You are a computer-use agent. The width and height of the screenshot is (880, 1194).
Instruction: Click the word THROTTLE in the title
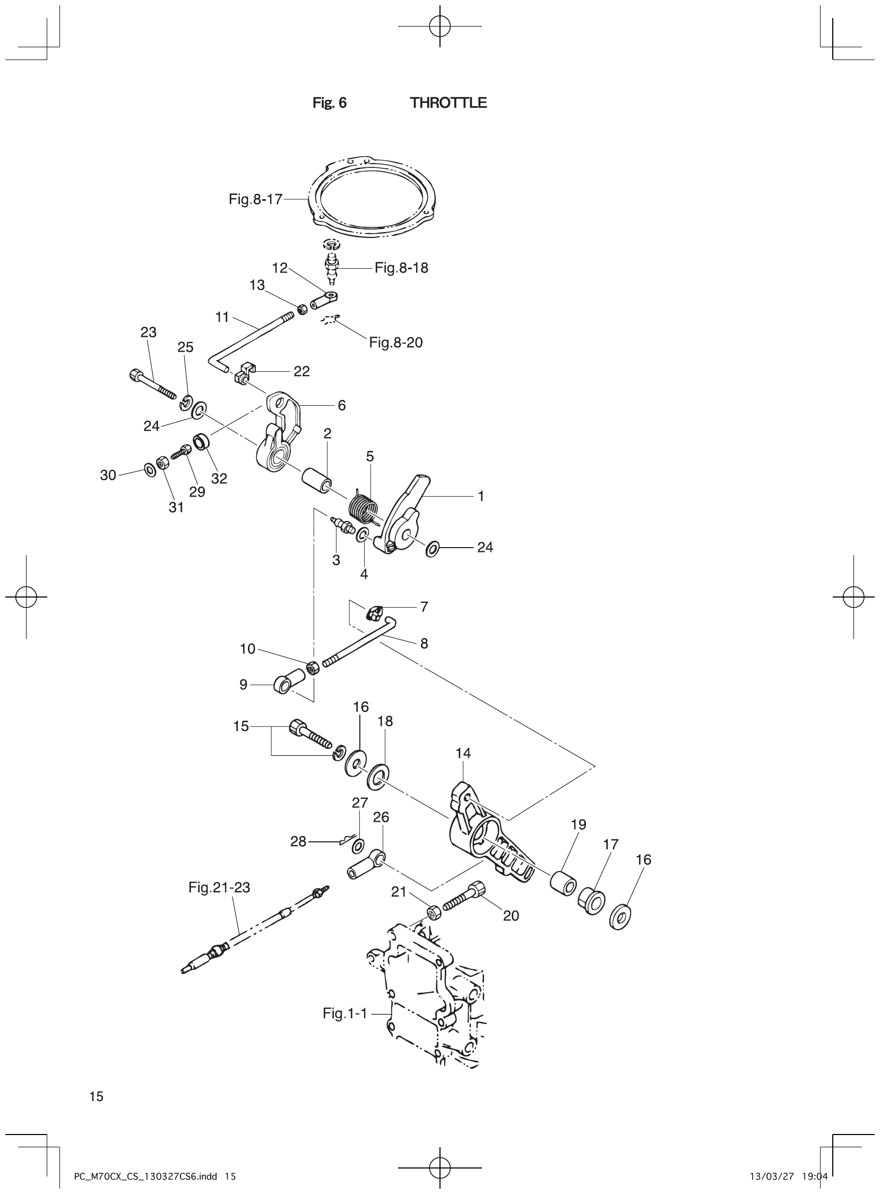point(448,103)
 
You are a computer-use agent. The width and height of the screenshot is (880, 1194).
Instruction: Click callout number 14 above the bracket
point(463,753)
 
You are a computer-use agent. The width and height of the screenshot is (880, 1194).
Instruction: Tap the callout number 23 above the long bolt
point(148,332)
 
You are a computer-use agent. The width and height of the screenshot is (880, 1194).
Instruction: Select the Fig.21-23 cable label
point(219,888)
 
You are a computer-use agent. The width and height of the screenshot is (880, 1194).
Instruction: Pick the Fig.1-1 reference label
point(344,1013)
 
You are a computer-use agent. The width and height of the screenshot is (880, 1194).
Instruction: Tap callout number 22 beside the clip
point(301,371)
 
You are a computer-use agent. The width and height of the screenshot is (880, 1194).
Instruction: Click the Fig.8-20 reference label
point(396,343)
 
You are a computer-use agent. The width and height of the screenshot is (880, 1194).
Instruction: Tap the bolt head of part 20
point(477,888)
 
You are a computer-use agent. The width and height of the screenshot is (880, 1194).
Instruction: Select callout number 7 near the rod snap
point(424,607)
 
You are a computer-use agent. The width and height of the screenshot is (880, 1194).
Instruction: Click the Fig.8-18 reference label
point(401,268)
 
